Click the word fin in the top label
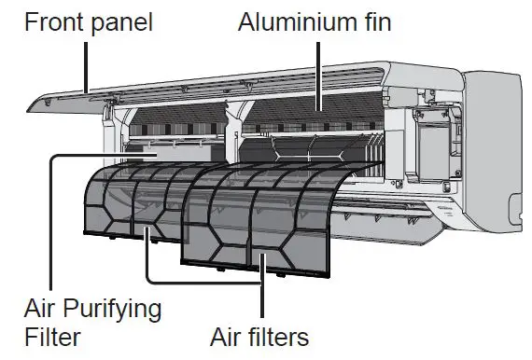372,21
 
